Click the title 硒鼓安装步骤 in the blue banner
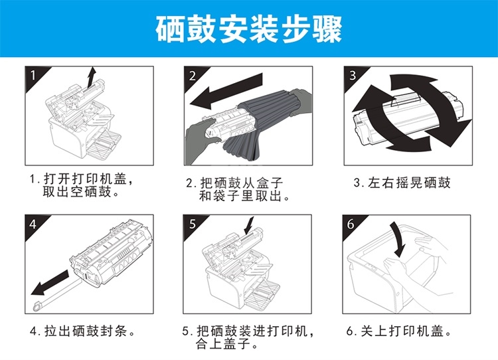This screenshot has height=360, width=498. (249, 29)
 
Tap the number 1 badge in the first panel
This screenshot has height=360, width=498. (33, 76)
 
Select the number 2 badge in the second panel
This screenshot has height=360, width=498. (193, 76)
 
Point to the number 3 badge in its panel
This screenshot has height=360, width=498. (353, 76)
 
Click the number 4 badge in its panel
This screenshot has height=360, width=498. (33, 224)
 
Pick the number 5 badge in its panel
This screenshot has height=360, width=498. (193, 224)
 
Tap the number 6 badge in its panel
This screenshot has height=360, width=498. (351, 224)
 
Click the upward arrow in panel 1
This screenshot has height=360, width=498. (92, 78)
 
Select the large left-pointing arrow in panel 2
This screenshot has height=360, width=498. (226, 91)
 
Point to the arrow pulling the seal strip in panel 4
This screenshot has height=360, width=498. (50, 283)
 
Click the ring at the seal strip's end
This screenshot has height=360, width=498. (37, 307)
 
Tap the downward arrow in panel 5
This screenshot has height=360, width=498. (249, 226)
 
